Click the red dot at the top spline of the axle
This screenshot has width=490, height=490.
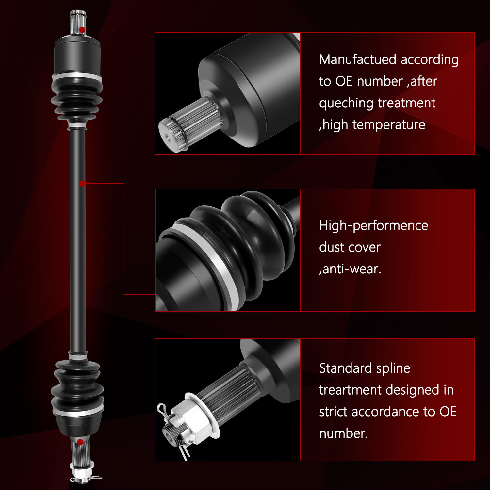pos(82,30)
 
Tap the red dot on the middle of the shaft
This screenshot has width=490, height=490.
pos(83,183)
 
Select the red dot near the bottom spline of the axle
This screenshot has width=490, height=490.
pos(80,442)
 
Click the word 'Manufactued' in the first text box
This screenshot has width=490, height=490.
pos(358,60)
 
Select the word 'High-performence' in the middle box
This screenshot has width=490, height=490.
pos(373,226)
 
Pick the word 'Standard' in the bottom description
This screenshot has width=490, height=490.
pos(346,368)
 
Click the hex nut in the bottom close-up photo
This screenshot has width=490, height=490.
pos(193,418)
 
